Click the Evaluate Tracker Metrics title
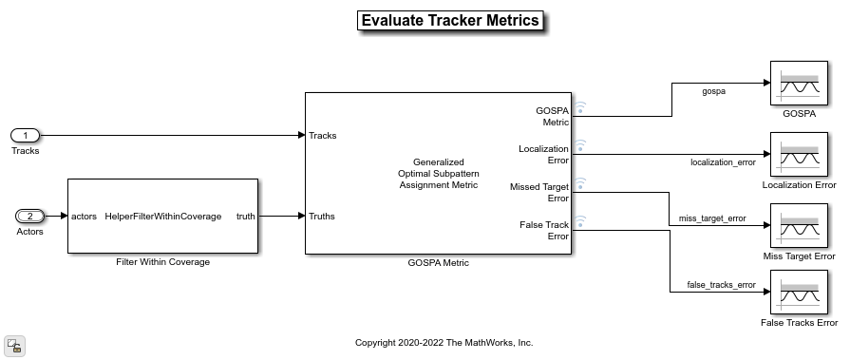(x=450, y=21)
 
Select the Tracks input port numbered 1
(x=25, y=135)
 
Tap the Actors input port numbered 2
(x=29, y=217)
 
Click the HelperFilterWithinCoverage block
(x=162, y=216)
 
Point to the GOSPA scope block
(x=799, y=83)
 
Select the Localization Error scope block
(x=799, y=155)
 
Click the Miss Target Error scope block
(x=799, y=225)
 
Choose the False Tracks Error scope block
(x=799, y=293)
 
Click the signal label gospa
(x=713, y=91)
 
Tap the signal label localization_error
(x=723, y=162)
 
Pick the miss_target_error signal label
(x=712, y=218)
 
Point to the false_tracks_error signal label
(x=721, y=285)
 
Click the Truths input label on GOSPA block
(x=321, y=217)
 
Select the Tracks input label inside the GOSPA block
(x=323, y=136)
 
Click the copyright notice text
(x=444, y=343)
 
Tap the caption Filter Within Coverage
(x=162, y=262)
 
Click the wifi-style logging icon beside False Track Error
(x=580, y=220)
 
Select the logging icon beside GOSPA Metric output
(x=580, y=107)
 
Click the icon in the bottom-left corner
(x=14, y=346)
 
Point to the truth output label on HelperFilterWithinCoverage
(x=246, y=217)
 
